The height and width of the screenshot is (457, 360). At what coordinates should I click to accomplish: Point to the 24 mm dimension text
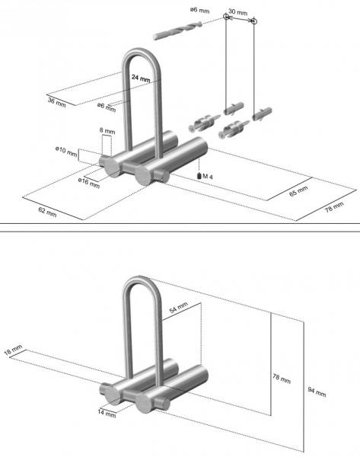[140, 78]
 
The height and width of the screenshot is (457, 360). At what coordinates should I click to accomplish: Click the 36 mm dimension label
[56, 101]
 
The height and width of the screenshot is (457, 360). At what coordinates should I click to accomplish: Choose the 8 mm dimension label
[108, 131]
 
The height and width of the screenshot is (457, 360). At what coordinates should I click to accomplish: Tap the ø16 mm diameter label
[89, 183]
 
